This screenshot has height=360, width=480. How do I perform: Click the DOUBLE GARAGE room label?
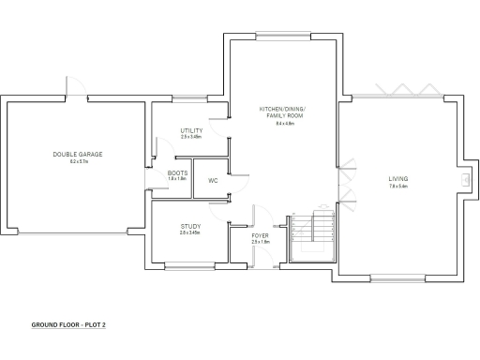click(77, 154)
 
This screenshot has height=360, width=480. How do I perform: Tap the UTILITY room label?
click(192, 130)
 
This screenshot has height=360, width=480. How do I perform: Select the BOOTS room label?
click(177, 172)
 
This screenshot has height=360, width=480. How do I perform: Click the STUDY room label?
click(190, 226)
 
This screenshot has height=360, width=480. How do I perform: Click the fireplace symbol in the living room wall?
click(465, 181)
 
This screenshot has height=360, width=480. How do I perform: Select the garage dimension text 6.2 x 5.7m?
click(77, 161)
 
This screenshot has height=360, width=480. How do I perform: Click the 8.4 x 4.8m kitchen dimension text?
click(284, 124)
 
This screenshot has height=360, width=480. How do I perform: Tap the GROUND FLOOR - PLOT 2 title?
click(68, 324)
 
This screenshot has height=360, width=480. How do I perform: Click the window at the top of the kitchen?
click(278, 35)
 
